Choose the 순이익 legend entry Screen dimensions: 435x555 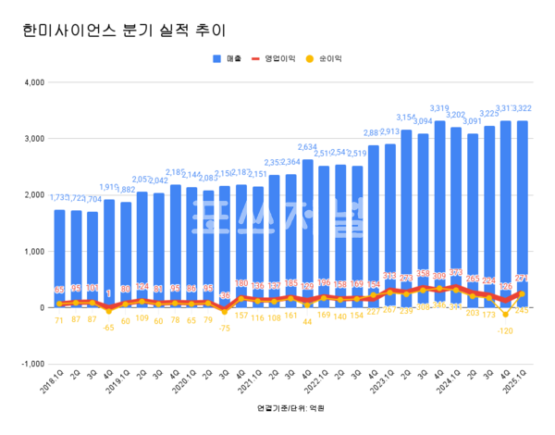pyautogui.click(x=330, y=57)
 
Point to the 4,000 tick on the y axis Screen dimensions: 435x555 pyautogui.click(x=32, y=82)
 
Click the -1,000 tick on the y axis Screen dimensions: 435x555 pyautogui.click(x=31, y=364)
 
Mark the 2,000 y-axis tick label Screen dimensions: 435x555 pyautogui.click(x=32, y=195)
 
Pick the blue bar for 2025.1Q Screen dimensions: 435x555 pyautogui.click(x=523, y=213)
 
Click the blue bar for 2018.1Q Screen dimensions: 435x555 pyautogui.click(x=60, y=259)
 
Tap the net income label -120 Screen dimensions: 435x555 pyautogui.click(x=506, y=330)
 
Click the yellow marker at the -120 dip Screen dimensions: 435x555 pyautogui.click(x=506, y=314)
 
